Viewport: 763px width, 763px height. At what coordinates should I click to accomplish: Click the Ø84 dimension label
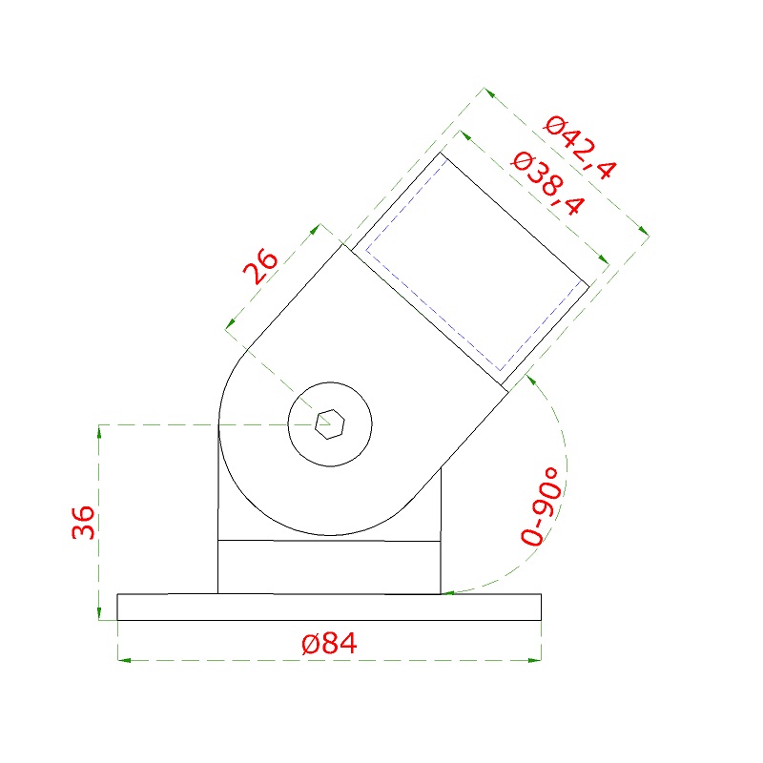point(329,643)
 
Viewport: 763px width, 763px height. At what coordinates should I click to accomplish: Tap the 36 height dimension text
point(83,522)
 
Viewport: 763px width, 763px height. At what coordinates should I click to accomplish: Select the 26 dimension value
point(260,266)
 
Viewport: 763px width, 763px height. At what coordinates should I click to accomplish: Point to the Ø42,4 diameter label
point(581,148)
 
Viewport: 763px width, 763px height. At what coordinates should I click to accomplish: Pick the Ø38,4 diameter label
point(546,183)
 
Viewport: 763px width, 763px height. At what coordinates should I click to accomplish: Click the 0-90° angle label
point(541,506)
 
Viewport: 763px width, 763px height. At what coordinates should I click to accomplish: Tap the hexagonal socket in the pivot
point(330,423)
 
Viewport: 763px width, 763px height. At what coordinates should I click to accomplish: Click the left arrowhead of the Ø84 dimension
point(124,660)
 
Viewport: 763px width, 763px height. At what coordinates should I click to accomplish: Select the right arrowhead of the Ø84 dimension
point(535,660)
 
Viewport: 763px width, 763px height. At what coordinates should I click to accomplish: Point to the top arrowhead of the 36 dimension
point(99,432)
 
